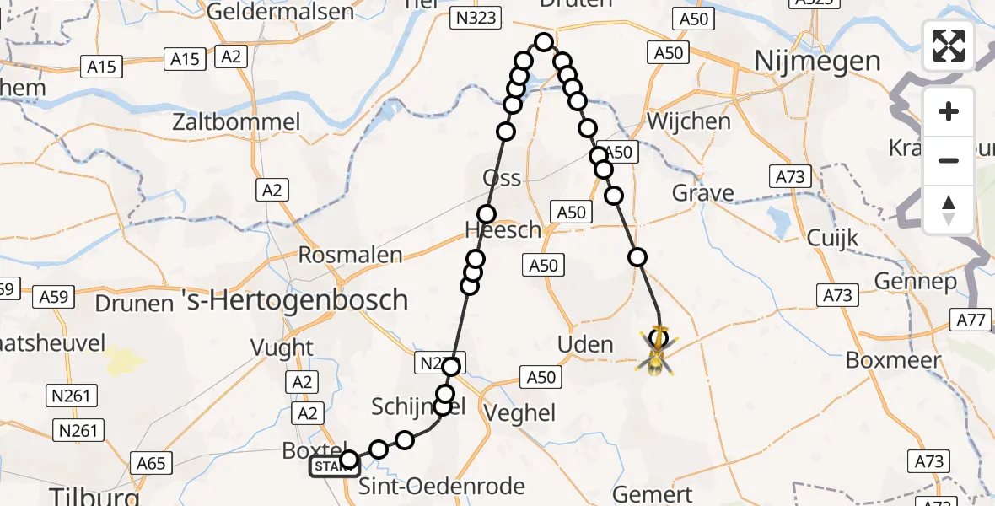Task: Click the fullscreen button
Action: tap(949, 45)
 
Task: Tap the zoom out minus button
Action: tap(949, 160)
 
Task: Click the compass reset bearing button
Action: tap(949, 210)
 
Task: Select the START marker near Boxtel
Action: tap(334, 466)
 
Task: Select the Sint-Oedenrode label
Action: tap(442, 487)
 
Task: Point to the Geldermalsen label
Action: tap(280, 11)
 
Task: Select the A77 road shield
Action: tap(972, 320)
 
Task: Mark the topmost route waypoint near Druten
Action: tap(544, 42)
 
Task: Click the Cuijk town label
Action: tap(832, 238)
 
